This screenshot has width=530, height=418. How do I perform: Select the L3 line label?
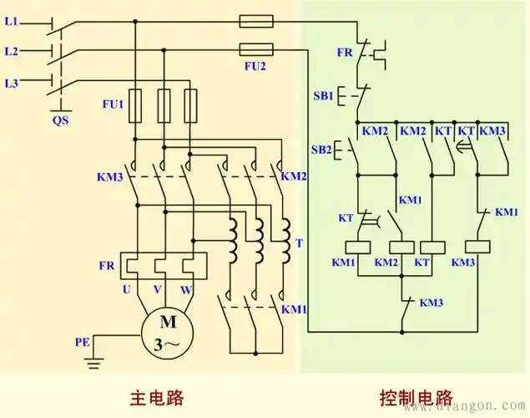10,83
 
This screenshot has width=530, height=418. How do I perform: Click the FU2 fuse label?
257,64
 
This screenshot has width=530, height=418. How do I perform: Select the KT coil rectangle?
431,247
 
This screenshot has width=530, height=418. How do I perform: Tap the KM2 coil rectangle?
401,247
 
